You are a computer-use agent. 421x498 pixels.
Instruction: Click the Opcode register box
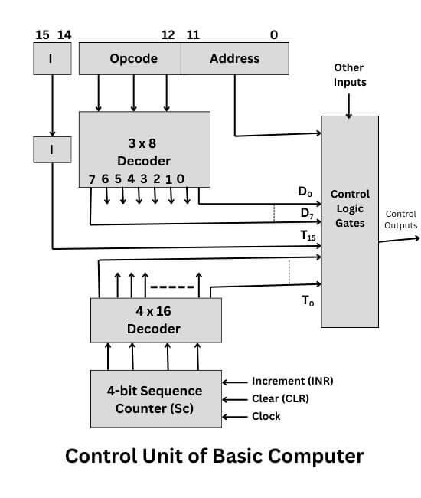point(130,58)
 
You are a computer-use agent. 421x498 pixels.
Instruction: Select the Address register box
point(234,58)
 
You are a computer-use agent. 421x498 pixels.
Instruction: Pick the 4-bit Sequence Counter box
point(155,399)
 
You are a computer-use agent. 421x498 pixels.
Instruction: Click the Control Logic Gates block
point(350,208)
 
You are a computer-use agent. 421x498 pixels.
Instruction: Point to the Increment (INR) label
point(292,381)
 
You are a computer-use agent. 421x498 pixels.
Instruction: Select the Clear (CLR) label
point(281,398)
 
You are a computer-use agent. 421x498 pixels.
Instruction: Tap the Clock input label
point(266,416)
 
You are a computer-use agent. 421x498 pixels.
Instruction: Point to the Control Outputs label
point(400,220)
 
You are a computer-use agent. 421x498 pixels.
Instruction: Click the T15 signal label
point(307,237)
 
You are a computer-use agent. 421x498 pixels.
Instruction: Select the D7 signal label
point(306,212)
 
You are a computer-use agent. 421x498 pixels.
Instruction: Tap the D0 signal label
point(305,190)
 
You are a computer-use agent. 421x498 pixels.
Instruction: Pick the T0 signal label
point(307,302)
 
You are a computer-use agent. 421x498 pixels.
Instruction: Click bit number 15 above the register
point(42,34)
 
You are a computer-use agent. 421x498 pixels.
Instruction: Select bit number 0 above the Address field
point(274,34)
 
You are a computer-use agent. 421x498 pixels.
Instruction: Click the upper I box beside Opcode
point(51,58)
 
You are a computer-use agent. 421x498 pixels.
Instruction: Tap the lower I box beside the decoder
point(51,149)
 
